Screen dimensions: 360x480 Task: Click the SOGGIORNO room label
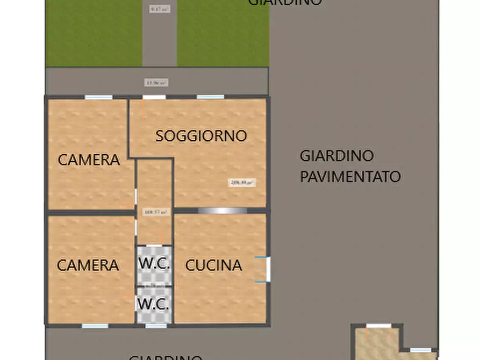pos(201,136)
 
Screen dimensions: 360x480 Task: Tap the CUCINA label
pos(213,265)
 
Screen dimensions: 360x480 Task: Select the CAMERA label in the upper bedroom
pos(89,160)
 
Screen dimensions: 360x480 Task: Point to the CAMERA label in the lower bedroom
pos(88,265)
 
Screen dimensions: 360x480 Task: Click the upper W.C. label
pos(154,264)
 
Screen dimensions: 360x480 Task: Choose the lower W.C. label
pos(154,304)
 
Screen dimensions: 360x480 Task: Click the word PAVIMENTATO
pos(350,177)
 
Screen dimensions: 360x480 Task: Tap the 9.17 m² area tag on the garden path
pos(159,9)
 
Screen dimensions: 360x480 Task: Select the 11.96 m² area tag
pos(156,83)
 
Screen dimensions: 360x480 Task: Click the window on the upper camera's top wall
pos(98,97)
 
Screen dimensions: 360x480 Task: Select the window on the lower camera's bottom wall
pos(96,326)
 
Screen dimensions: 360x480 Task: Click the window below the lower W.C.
pos(156,326)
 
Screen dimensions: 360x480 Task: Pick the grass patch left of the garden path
pos(94,33)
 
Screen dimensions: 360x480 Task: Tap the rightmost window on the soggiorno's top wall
pos(210,97)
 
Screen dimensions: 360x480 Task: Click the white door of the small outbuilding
pos(379,326)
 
